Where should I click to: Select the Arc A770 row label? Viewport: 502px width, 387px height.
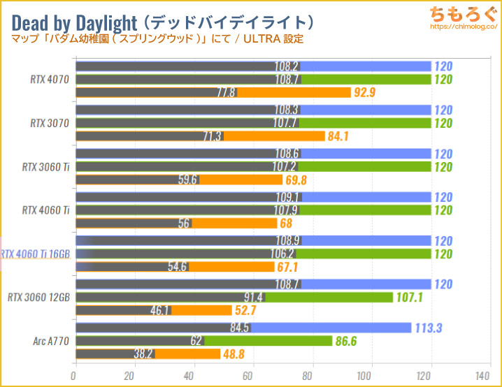[50, 341]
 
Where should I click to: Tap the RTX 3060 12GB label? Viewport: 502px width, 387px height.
[38, 297]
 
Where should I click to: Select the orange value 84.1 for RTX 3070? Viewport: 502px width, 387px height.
[341, 136]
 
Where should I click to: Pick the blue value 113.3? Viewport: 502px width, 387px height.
[431, 328]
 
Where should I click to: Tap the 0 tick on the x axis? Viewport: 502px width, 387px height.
[75, 375]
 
